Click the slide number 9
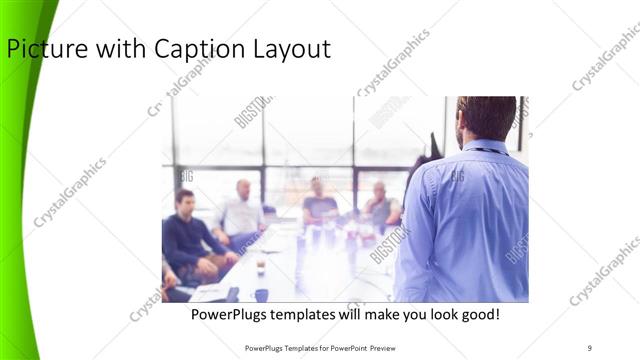click(x=589, y=347)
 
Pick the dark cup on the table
click(x=260, y=267)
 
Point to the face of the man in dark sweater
click(x=184, y=200)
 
